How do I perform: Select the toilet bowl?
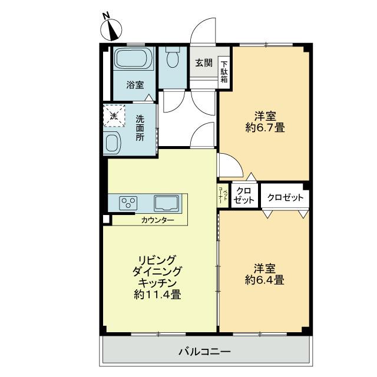point(173,57)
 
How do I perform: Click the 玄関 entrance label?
point(204,63)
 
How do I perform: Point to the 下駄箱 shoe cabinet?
point(224,72)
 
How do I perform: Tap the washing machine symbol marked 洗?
point(114,115)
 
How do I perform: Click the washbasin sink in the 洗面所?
point(113,142)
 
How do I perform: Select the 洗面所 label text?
point(140,128)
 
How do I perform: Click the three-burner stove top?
point(128,202)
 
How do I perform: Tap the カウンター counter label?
point(158,220)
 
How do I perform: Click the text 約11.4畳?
point(157,295)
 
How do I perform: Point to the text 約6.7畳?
point(265,127)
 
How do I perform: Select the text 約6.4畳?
point(264,280)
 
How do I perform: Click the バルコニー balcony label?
point(204,352)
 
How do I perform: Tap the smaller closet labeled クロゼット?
point(244,196)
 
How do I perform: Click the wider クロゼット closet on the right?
point(285,197)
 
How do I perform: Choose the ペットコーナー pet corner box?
point(223,195)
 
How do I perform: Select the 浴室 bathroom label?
point(135,85)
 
